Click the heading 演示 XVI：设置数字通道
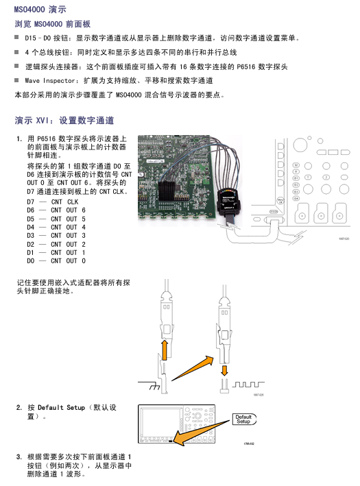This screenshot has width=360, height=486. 64,120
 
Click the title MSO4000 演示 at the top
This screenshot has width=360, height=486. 40,10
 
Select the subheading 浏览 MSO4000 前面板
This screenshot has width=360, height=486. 52,24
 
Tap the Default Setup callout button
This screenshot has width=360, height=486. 244,419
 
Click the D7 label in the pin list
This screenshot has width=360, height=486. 31,202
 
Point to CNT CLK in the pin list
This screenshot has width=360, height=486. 64,202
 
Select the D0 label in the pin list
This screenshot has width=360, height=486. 31,261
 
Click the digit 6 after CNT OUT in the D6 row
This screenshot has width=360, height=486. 84,210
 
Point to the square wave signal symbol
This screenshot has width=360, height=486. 248,385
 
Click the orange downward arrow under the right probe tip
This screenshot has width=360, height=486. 224,370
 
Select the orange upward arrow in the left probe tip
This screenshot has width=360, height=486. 165,350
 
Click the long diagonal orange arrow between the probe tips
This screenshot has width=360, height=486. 193,369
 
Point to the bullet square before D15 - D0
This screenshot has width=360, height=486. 16,38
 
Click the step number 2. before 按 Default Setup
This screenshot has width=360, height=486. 19,408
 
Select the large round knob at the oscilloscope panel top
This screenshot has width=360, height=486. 300,145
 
